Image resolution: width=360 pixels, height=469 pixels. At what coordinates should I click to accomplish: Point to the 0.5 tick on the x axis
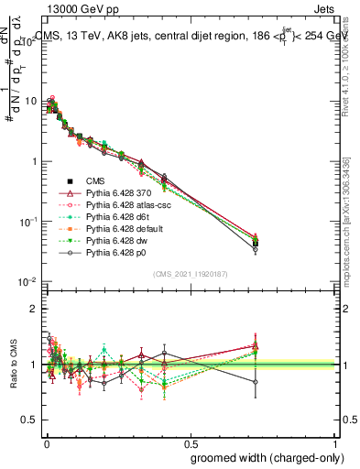(x=191, y=442)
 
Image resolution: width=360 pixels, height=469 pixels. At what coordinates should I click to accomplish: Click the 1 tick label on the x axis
(x=337, y=442)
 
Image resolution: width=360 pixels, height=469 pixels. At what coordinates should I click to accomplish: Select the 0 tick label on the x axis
(x=46, y=442)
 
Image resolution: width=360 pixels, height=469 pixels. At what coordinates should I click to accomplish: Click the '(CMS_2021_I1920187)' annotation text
(x=191, y=273)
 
